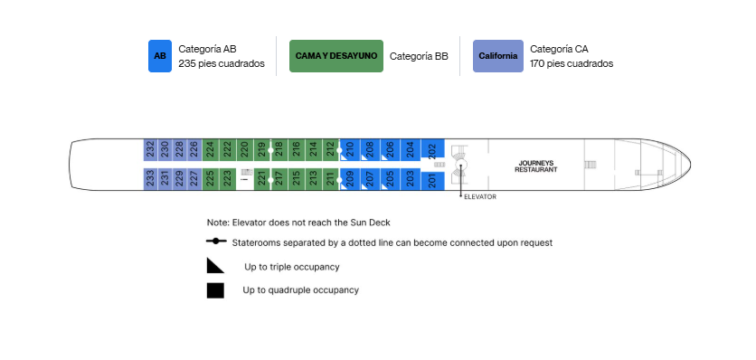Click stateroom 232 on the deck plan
(150, 150)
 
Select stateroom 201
(432, 182)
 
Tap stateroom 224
(209, 150)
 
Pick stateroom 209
(350, 179)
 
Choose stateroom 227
(194, 179)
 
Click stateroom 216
(296, 150)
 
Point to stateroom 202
(432, 148)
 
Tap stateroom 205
(390, 179)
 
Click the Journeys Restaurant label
(535, 166)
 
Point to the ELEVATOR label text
(479, 197)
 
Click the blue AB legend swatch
(160, 56)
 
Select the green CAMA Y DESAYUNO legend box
(336, 56)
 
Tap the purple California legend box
(498, 56)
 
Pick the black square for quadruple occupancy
(215, 290)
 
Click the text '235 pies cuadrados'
(222, 63)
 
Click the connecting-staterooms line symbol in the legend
(216, 242)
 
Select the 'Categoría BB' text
(419, 56)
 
